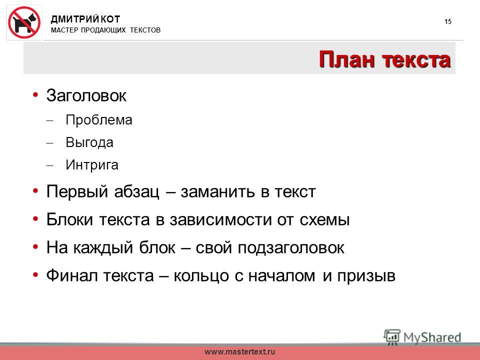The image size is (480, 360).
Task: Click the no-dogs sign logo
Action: click(24, 22)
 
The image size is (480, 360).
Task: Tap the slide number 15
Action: click(448, 21)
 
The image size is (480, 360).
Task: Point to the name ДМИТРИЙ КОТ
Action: click(85, 19)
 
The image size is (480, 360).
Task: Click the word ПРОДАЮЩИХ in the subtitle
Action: click(103, 30)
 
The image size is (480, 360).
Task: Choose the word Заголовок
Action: click(86, 95)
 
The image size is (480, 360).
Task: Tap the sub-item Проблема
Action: click(99, 119)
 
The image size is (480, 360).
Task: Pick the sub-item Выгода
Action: click(89, 142)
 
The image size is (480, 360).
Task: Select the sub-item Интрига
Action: click(92, 165)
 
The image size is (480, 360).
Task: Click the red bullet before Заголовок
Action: click(35, 94)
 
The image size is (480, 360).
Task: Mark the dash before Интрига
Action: click(49, 165)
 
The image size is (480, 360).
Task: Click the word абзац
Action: click(137, 192)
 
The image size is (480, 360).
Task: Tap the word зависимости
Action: click(220, 220)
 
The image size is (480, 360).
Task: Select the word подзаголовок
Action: click(291, 248)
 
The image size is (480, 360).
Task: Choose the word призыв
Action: click(366, 276)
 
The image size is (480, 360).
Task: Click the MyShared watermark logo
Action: click(422, 337)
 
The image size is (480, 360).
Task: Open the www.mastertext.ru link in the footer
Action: click(239, 351)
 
